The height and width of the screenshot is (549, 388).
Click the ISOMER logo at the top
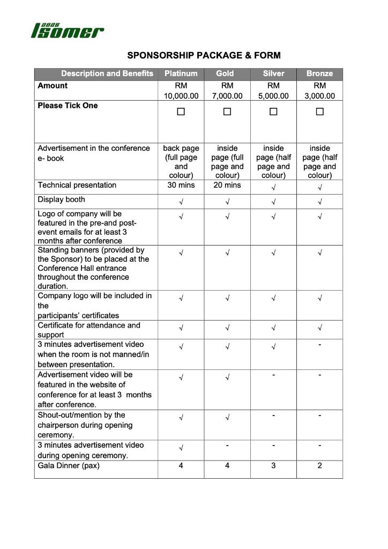[68, 31]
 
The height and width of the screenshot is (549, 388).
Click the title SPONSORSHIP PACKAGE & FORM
[204, 55]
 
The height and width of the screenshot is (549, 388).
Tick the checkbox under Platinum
[181, 112]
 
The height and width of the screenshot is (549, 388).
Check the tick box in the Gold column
[227, 112]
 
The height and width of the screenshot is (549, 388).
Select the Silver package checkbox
[273, 112]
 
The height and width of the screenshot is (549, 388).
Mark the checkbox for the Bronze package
[320, 112]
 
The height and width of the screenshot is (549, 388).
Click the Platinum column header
[181, 74]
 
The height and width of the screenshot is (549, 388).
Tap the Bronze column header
[320, 74]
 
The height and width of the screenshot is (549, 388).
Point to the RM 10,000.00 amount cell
[181, 91]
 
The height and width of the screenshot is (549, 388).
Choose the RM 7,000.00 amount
[227, 91]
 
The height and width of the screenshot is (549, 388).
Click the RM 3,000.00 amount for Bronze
[320, 91]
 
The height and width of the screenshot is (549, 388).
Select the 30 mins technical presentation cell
[181, 186]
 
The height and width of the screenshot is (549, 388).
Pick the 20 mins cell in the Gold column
[227, 186]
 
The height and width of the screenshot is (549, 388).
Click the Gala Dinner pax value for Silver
[273, 466]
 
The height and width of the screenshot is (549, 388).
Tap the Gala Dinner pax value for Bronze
[320, 466]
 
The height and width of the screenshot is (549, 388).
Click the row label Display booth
[61, 200]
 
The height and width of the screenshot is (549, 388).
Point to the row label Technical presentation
[77, 186]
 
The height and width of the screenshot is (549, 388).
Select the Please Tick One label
[68, 106]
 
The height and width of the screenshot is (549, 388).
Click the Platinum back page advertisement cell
[181, 161]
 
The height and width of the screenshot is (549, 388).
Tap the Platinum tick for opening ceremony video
[181, 448]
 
